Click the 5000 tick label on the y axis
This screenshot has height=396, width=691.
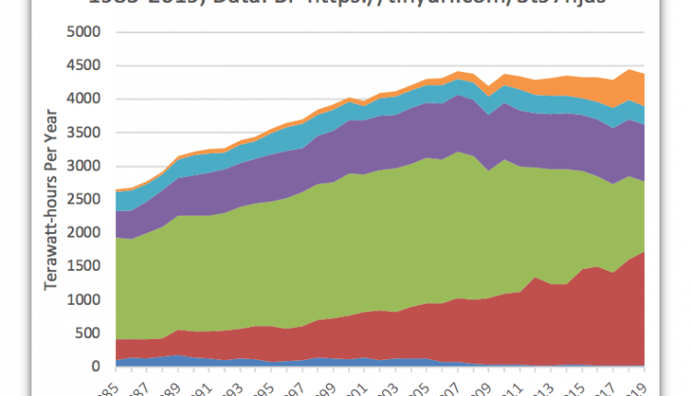84,32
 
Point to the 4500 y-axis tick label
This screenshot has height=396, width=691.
84,65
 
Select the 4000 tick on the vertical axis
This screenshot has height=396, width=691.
84,99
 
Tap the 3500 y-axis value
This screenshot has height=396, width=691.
84,133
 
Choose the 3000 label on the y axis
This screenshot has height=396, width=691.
84,167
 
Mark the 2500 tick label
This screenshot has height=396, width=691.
84,200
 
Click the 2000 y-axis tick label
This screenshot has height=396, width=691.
84,233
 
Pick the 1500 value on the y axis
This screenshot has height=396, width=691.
84,267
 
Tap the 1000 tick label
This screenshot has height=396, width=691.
84,300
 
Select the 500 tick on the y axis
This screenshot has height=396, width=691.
88,333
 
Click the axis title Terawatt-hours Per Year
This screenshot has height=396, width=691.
53,199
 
